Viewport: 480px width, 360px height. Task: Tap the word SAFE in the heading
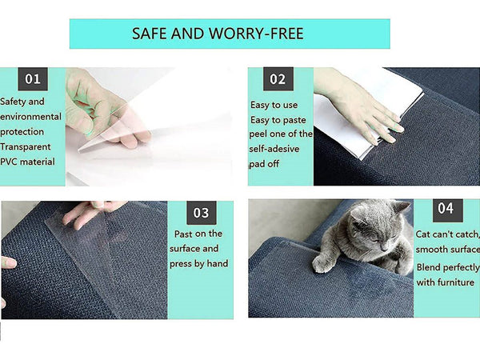coord(150,34)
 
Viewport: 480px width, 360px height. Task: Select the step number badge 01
coord(33,79)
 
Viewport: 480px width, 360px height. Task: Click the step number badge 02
coord(278,79)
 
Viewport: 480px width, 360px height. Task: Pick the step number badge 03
coord(202,213)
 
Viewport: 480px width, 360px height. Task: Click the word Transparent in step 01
coord(26,147)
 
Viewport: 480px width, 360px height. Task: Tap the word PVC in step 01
coord(10,162)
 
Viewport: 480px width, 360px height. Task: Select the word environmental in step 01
coord(30,117)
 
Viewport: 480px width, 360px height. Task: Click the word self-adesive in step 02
coord(274,149)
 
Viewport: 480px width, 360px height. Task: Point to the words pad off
coord(264,164)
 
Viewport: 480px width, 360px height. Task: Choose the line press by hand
coord(198,263)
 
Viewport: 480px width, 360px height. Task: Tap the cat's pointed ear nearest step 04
coord(401,207)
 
